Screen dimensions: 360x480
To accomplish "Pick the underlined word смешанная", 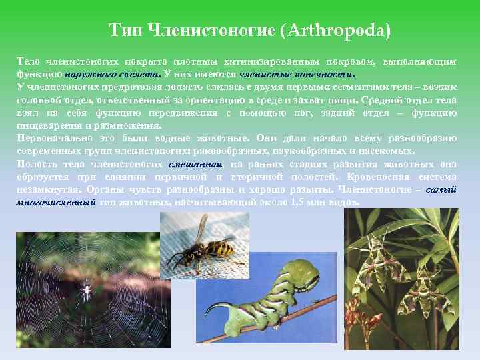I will click(196, 163).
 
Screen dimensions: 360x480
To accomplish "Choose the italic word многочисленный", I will click(55, 201).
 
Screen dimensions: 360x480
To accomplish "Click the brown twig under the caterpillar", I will click(307, 320).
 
